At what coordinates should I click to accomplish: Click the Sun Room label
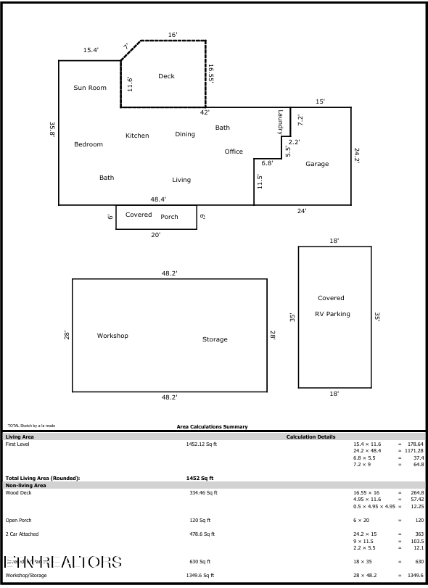point(90,88)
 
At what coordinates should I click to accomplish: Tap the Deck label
point(166,76)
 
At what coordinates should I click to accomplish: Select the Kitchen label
point(137,136)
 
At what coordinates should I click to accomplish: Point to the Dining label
point(185,134)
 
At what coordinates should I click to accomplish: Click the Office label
point(234,152)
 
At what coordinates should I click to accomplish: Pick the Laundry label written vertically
point(279,121)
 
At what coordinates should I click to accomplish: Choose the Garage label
point(317,164)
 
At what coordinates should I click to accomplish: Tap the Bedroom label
point(89,144)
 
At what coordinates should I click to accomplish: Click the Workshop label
point(112,336)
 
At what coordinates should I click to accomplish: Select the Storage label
point(215,339)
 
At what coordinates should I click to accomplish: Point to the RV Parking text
point(332,314)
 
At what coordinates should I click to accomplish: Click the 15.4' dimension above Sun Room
point(91,50)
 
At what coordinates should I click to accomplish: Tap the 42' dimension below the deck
point(205,112)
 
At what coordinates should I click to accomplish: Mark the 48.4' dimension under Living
point(158,199)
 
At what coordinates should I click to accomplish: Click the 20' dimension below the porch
point(156,235)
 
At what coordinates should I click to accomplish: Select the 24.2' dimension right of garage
point(357,155)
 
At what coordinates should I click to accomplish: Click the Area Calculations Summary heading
point(212,426)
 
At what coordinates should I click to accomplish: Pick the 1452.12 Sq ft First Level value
point(202,444)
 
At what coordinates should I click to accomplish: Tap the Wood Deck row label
point(18,492)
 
